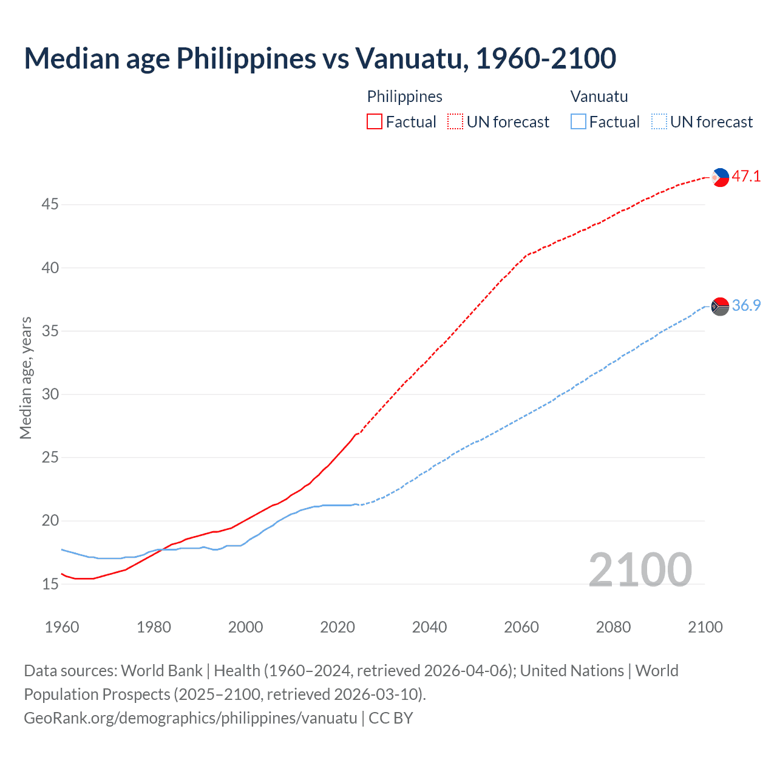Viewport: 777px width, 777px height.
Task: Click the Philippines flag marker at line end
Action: [720, 177]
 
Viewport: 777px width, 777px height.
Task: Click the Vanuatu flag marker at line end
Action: [720, 306]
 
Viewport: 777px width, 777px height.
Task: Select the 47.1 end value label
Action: [746, 177]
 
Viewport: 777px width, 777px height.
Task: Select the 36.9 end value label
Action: [746, 305]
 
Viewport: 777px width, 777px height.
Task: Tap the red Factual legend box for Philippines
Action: [375, 122]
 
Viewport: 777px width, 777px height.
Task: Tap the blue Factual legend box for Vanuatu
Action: [579, 122]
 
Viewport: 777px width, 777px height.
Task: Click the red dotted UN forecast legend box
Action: [455, 122]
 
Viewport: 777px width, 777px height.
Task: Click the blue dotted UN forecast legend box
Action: [659, 122]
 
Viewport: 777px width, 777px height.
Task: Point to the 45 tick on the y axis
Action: [50, 205]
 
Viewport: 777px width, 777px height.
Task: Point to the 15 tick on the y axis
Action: [50, 584]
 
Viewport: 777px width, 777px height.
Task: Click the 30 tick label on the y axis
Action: [50, 395]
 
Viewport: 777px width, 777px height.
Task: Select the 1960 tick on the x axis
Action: [62, 627]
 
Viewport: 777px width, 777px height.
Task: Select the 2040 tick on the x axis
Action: [429, 627]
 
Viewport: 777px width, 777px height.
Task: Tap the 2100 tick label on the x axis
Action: [705, 627]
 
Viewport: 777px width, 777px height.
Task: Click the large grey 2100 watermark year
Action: [640, 569]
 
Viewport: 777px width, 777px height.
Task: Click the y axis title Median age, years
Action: [25, 378]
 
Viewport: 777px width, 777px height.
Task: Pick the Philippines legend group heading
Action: [404, 97]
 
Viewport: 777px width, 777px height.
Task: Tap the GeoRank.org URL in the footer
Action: [191, 718]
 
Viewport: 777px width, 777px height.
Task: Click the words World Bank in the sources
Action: [161, 671]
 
